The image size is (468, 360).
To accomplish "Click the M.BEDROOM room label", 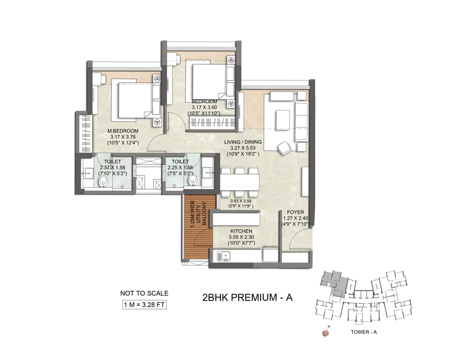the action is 123,130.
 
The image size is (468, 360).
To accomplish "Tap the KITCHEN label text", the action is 241,231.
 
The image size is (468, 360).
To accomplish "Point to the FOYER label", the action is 295,212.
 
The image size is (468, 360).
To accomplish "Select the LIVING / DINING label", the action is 243,142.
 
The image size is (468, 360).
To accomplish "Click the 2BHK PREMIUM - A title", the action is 248,297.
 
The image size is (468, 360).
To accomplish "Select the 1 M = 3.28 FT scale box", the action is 145,305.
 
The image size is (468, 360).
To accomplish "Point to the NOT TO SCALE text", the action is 144,293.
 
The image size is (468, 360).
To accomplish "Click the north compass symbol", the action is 326,332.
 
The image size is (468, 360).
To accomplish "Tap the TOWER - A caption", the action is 363,332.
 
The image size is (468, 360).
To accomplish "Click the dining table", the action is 240,182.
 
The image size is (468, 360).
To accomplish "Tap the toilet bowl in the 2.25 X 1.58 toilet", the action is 192,180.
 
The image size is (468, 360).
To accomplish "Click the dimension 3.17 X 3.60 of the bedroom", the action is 204,108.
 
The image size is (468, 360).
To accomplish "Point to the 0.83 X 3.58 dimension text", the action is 240,201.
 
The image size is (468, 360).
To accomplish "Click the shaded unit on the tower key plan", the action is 334,283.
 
